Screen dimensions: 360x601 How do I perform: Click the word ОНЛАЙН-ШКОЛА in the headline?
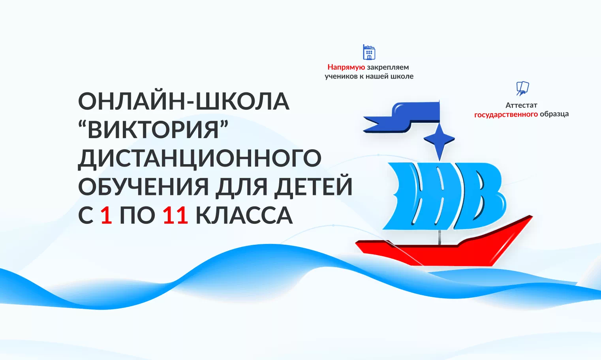[x=184, y=101]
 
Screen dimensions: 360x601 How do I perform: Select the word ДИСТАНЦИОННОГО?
[x=199, y=158]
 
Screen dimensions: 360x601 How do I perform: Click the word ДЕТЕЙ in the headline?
[x=313, y=187]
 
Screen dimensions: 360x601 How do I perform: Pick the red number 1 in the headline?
[x=106, y=216]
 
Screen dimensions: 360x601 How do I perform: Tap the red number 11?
[x=175, y=216]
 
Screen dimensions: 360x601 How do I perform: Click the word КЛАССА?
[x=244, y=216]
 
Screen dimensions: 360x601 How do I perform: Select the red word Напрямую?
[x=346, y=67]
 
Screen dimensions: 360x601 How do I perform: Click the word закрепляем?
[x=388, y=67]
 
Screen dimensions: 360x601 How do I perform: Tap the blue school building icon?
[x=369, y=52]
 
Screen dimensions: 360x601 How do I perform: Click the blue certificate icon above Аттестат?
[x=522, y=88]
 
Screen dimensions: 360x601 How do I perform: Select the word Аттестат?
[x=521, y=105]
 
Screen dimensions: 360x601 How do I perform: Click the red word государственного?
[x=506, y=114]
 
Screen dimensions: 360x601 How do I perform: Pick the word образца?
[x=554, y=114]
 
